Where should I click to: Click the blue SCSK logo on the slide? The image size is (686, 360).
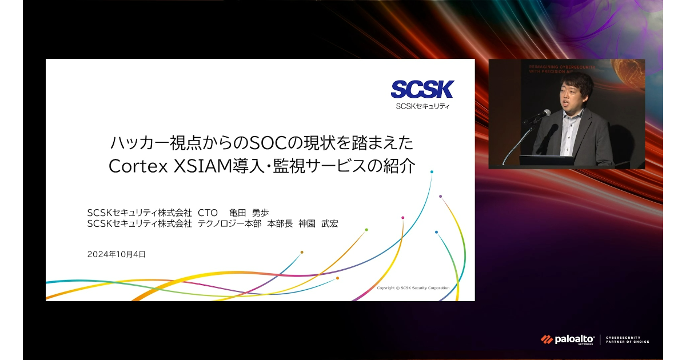click(x=422, y=89)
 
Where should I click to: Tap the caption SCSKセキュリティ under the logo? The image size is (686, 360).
click(x=422, y=106)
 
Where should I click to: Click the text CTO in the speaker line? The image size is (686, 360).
click(x=208, y=213)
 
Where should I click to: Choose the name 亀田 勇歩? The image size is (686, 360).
click(x=249, y=213)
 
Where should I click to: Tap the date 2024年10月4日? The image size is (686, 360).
click(x=117, y=254)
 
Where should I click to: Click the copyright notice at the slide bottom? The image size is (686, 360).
click(x=413, y=288)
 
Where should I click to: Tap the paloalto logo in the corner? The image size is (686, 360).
click(x=568, y=339)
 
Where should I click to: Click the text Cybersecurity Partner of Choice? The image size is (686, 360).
click(x=627, y=339)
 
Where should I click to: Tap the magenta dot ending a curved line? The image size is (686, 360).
click(x=402, y=218)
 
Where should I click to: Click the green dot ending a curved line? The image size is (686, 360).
click(x=366, y=230)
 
